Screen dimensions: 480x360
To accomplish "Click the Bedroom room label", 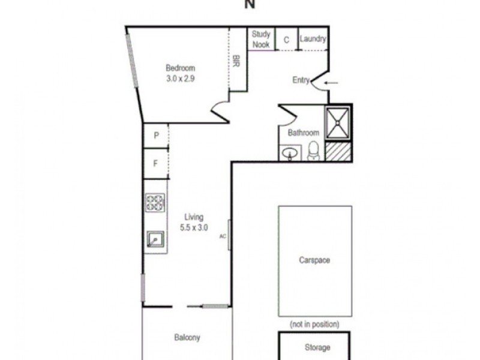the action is (181, 68).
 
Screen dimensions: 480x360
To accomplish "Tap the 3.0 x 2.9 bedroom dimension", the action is (181, 79).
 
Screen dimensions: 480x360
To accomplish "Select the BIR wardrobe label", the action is (236, 61).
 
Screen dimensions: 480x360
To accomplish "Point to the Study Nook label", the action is (261, 39).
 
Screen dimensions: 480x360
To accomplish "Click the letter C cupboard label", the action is (286, 40).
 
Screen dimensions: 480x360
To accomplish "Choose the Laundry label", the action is (313, 39).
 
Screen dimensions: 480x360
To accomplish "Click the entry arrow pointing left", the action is (331, 82).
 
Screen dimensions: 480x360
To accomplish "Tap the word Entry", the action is (301, 80).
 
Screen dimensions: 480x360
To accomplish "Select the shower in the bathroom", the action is (337, 123).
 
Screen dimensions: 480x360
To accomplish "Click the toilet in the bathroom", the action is (313, 151).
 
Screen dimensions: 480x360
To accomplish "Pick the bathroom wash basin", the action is (290, 153).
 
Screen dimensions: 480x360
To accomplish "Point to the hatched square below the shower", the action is (338, 151).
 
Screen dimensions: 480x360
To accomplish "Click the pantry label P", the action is (156, 136).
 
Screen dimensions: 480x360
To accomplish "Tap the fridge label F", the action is (155, 163).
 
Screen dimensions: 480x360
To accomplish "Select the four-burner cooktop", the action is (155, 203).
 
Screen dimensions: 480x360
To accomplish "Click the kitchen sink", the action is (155, 239).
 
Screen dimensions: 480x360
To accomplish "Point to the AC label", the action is (223, 236).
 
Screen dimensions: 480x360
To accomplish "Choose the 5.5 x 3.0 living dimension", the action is (194, 227).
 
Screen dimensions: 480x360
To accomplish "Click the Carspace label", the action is (314, 260).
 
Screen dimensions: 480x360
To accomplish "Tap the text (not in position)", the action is (314, 324).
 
